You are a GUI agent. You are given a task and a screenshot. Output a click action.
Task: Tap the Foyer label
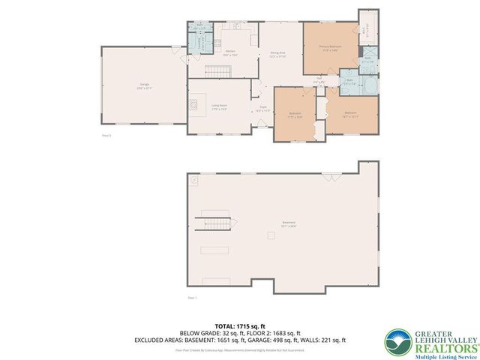pos(263,109)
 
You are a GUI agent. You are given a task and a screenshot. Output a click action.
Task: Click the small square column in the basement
pos(271,235)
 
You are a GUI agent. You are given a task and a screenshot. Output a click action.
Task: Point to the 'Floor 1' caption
pos(192,298)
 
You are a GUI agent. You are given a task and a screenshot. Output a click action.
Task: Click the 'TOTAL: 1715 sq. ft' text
pos(239,325)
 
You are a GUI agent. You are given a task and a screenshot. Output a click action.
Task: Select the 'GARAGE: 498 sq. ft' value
pos(288,340)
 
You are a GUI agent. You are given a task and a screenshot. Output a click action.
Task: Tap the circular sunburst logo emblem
pos(395,341)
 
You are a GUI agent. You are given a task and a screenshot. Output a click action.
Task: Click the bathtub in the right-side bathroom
pos(370,84)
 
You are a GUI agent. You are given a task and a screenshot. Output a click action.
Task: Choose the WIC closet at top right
pos(367,28)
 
